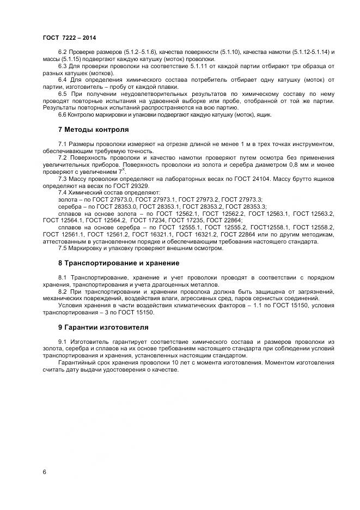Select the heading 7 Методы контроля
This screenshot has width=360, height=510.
coord(93,130)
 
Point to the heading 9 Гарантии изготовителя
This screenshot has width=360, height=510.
coord(103,327)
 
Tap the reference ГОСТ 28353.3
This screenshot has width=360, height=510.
coord(245,207)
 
